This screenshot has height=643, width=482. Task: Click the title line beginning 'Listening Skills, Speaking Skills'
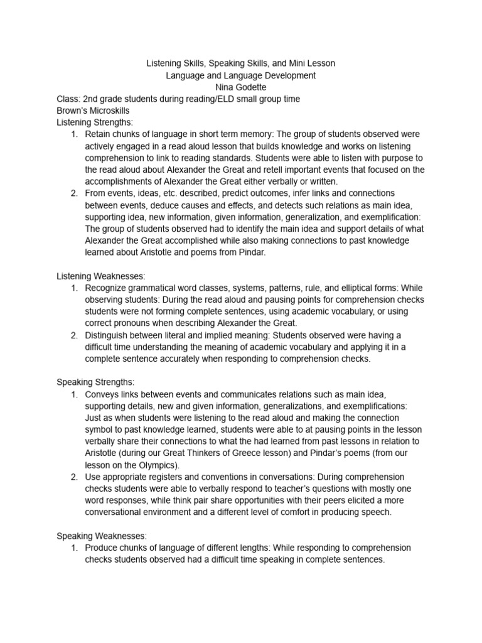click(241, 63)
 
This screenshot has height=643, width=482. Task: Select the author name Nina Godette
click(241, 87)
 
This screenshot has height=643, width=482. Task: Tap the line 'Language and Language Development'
click(241, 75)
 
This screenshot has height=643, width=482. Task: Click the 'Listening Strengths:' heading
click(95, 122)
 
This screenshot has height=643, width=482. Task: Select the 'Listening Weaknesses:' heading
click(101, 276)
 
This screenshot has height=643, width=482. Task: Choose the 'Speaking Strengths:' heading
click(95, 382)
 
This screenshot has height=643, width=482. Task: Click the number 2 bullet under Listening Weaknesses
click(74, 335)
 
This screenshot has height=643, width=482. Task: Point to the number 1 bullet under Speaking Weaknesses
click(74, 548)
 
